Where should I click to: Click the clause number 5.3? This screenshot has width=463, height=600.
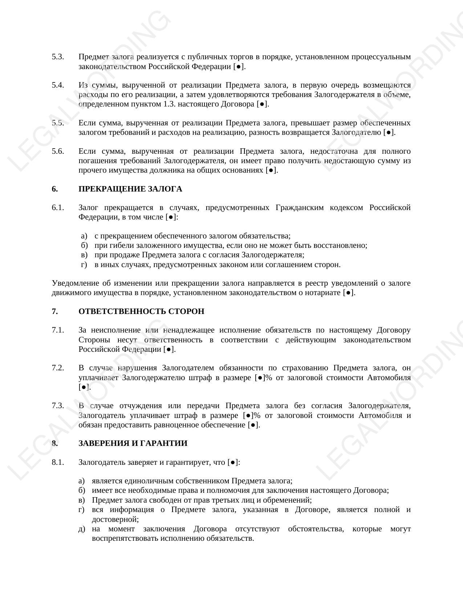click(x=58, y=57)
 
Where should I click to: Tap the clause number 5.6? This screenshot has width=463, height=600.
click(x=58, y=151)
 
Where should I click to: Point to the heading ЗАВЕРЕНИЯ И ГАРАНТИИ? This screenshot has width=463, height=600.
click(x=133, y=443)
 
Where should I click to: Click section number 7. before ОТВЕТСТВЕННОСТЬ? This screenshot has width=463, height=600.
click(x=55, y=311)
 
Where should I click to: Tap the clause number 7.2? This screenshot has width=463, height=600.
click(x=58, y=368)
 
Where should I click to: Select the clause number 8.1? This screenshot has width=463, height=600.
click(x=58, y=462)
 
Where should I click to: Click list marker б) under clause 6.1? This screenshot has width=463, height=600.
click(x=85, y=245)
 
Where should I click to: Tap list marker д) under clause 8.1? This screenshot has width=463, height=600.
click(x=82, y=529)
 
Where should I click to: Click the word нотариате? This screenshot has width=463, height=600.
click(x=323, y=293)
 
